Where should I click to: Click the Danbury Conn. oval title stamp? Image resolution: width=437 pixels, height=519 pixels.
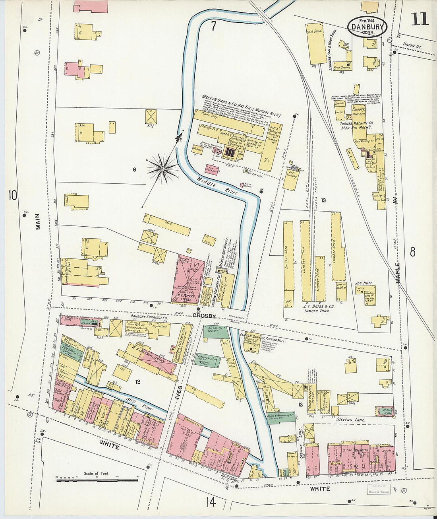click(367, 27)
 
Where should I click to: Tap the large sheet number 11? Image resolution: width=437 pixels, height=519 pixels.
click(419, 19)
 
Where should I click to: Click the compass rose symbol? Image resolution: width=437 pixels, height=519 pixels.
click(162, 169)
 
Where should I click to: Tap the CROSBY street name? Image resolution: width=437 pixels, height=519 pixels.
click(204, 316)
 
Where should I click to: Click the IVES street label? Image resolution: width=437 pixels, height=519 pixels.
click(180, 394)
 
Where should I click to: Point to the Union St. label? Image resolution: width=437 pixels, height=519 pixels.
click(412, 45)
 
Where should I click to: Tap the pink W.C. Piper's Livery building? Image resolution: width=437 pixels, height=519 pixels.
click(188, 278)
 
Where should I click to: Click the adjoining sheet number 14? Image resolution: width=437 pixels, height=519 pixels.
click(211, 502)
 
